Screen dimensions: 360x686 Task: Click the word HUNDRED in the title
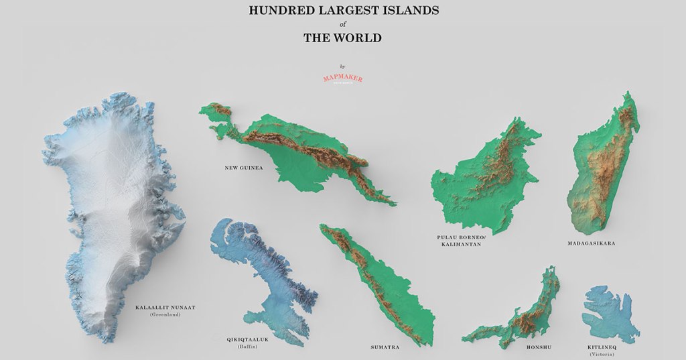click(277, 10)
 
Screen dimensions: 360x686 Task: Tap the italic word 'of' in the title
click(342, 24)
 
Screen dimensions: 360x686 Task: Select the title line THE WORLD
click(342, 38)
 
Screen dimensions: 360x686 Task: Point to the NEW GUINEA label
click(243, 168)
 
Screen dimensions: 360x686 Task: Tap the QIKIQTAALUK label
click(248, 340)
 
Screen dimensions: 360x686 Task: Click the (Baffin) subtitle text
click(248, 347)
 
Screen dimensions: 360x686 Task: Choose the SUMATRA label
click(385, 347)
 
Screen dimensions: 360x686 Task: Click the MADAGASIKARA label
click(590, 243)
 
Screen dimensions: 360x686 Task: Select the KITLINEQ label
click(602, 347)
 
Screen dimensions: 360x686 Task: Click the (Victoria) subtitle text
click(602, 354)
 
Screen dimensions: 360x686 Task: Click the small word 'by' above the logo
click(342, 66)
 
